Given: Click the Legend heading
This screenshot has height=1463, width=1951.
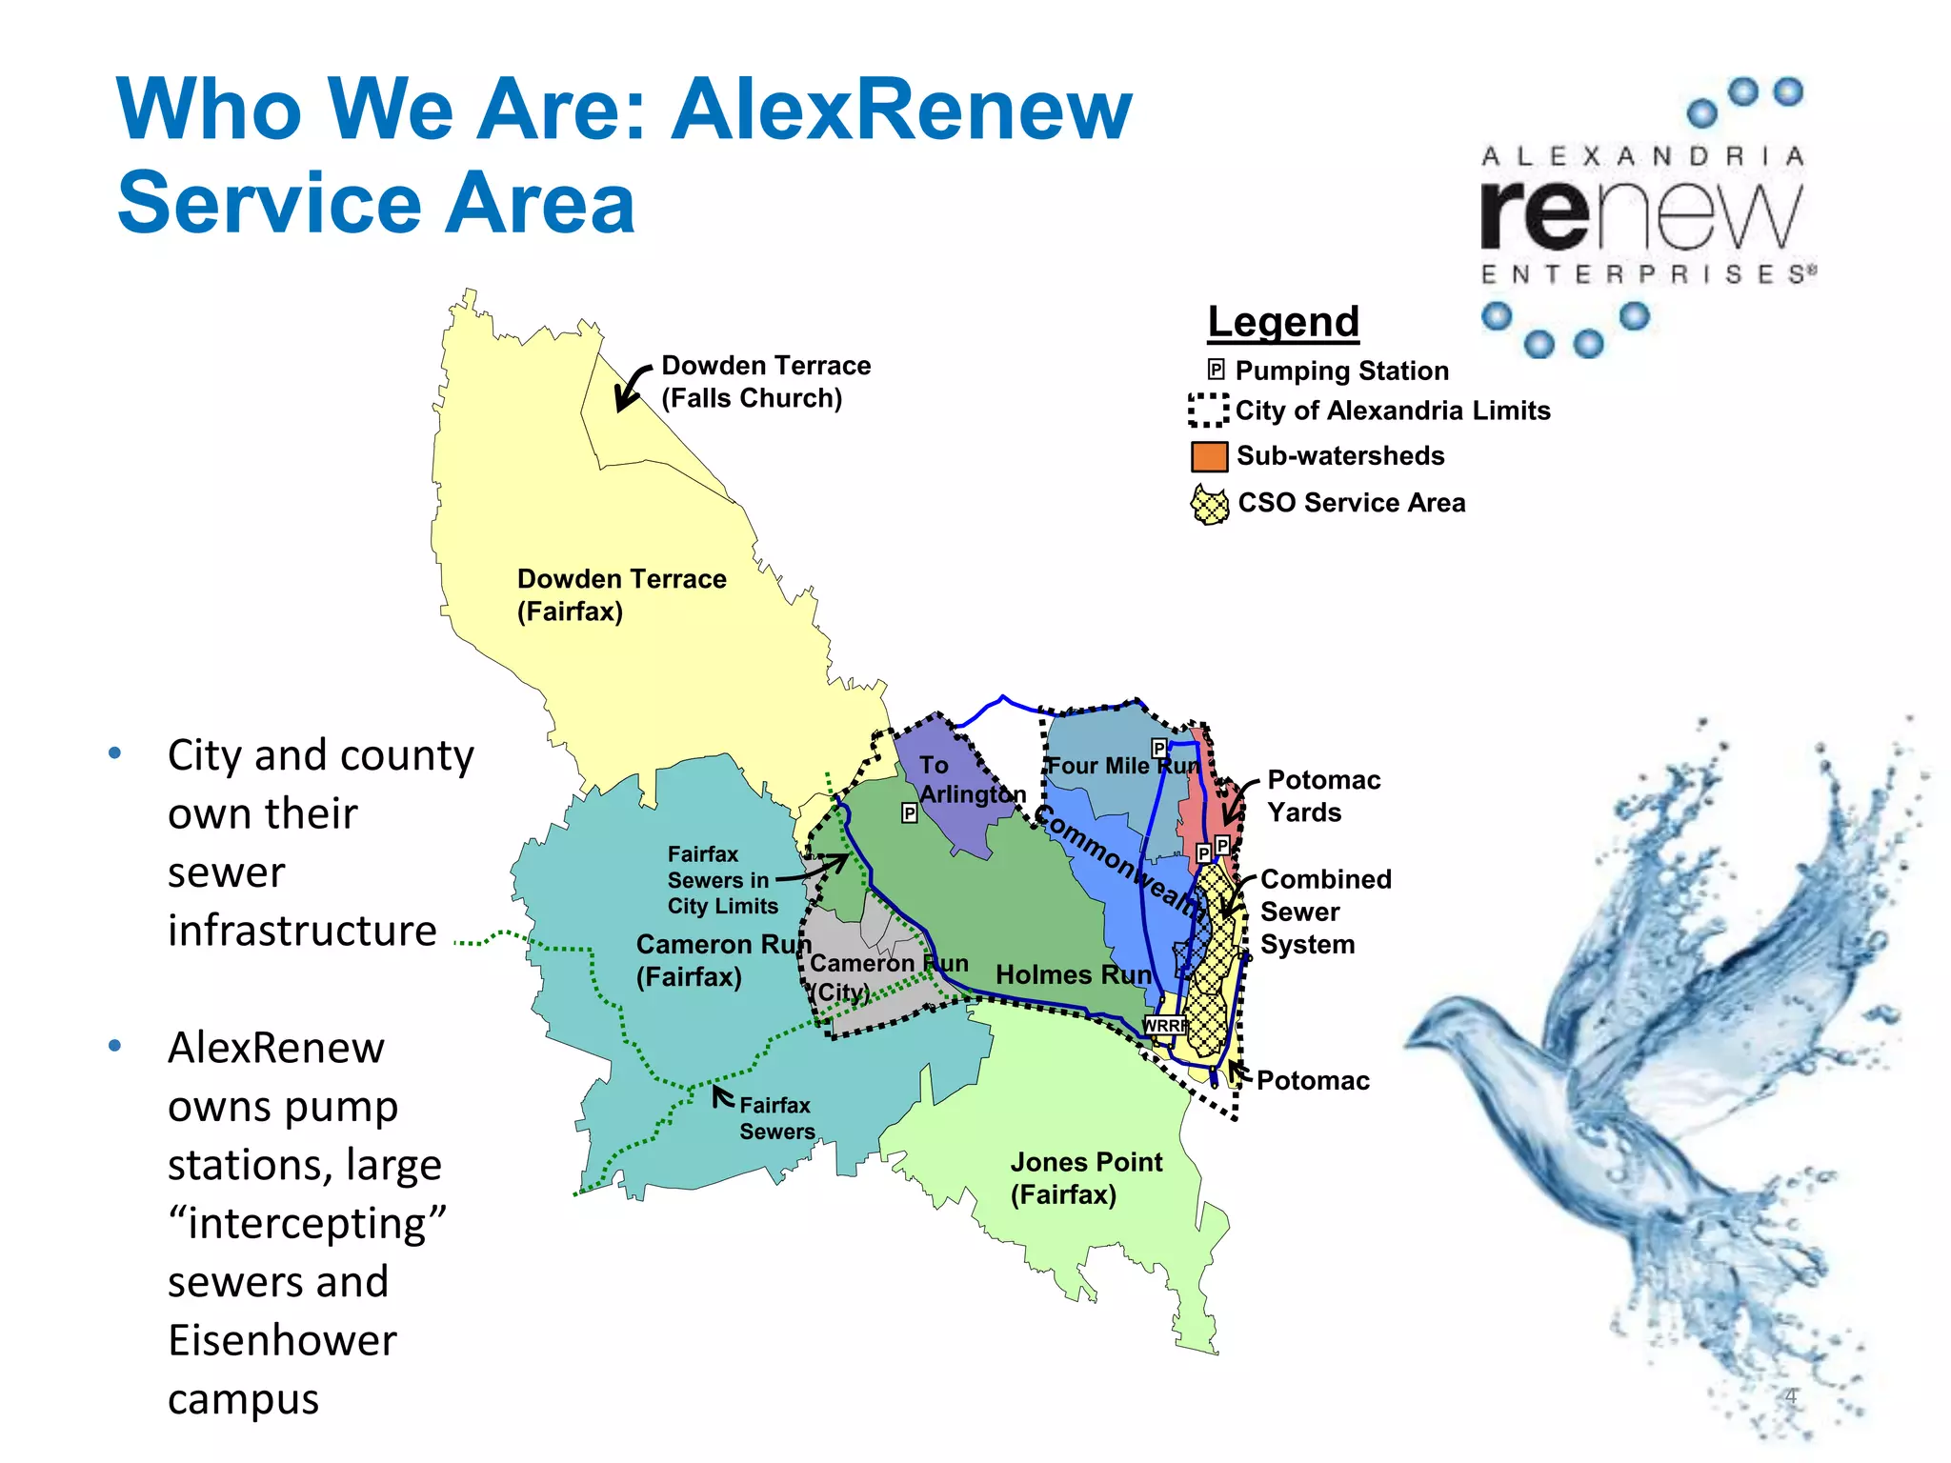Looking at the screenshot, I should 1282,322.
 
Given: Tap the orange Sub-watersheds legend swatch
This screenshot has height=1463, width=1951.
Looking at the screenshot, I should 1209,456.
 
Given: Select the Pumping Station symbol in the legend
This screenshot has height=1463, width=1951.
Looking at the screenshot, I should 1216,370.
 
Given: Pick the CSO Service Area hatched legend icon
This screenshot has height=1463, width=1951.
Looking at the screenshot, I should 1210,504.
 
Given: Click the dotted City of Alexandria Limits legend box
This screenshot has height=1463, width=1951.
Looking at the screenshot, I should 1208,411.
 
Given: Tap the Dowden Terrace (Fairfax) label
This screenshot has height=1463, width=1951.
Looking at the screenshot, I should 621,595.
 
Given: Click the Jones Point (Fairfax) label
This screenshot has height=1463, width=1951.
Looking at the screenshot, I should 1086,1178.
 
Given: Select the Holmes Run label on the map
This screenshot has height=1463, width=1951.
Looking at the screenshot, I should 1074,974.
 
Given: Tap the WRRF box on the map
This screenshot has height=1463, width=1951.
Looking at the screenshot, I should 1164,1025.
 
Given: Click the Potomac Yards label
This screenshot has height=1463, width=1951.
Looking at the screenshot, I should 1323,796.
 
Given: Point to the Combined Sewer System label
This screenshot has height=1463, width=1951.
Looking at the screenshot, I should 1325,912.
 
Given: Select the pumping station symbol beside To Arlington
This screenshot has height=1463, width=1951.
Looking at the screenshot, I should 910,812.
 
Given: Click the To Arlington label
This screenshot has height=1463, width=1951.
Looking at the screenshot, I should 972,779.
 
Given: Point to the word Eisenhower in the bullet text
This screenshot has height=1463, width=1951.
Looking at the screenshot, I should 282,1340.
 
